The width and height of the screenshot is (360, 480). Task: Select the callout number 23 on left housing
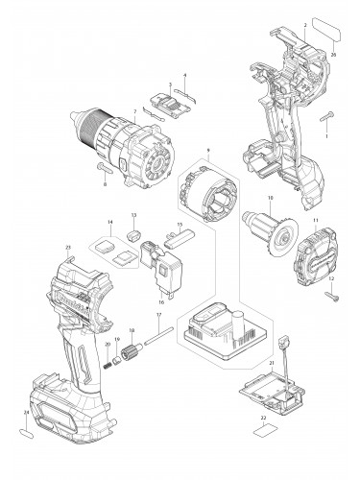(x=68, y=250)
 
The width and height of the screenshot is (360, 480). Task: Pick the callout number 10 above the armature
(x=272, y=199)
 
